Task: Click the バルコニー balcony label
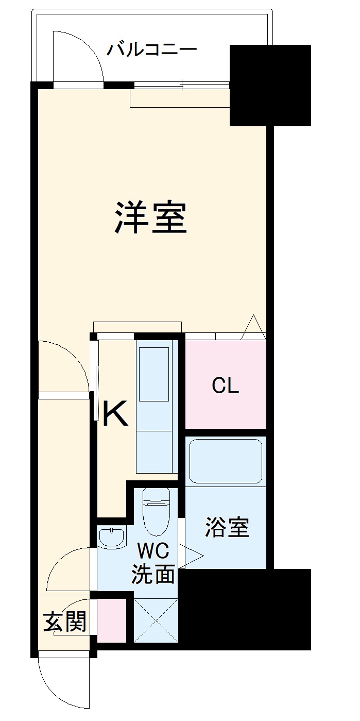point(152,50)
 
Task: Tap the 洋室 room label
point(150,218)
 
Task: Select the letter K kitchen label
point(115,415)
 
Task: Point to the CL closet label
point(226,386)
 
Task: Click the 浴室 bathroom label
point(227,528)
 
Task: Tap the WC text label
point(152,552)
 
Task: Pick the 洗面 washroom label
point(152,574)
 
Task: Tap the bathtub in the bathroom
point(226,460)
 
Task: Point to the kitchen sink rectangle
point(154,374)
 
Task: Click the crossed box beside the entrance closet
point(156,621)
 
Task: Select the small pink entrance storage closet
point(112,621)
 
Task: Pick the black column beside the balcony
point(270,86)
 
